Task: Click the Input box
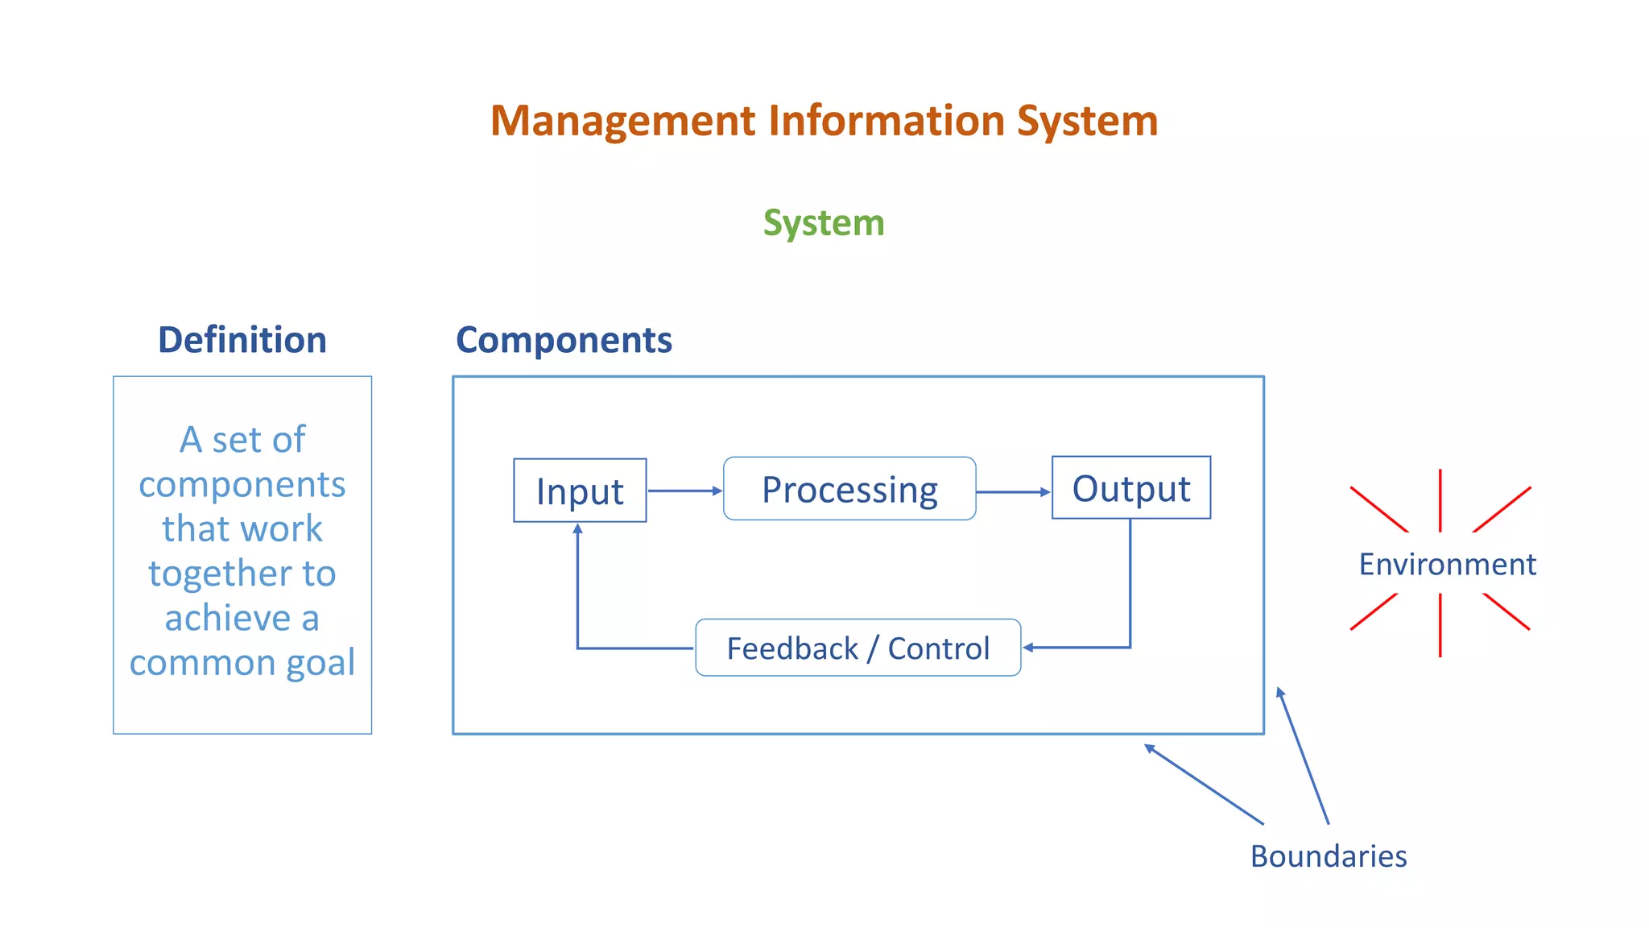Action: coord(580,491)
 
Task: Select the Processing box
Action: coord(849,489)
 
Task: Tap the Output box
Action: coord(1130,488)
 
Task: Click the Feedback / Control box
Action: coord(858,648)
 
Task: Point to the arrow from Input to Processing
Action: coord(684,491)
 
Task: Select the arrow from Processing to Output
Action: coord(1013,491)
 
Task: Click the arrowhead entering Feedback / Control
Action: coord(1029,647)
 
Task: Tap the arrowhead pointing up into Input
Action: coord(577,529)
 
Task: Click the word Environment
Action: coord(1447,564)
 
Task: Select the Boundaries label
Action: coord(1329,855)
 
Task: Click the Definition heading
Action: coord(242,340)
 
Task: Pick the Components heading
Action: coord(564,340)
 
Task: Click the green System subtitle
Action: coord(824,222)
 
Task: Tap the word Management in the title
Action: coord(623,121)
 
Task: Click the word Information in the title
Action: coord(886,121)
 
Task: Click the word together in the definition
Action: coord(220,574)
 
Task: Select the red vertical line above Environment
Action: coord(1440,499)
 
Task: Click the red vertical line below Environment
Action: coord(1440,625)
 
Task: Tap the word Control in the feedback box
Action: coord(938,648)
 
